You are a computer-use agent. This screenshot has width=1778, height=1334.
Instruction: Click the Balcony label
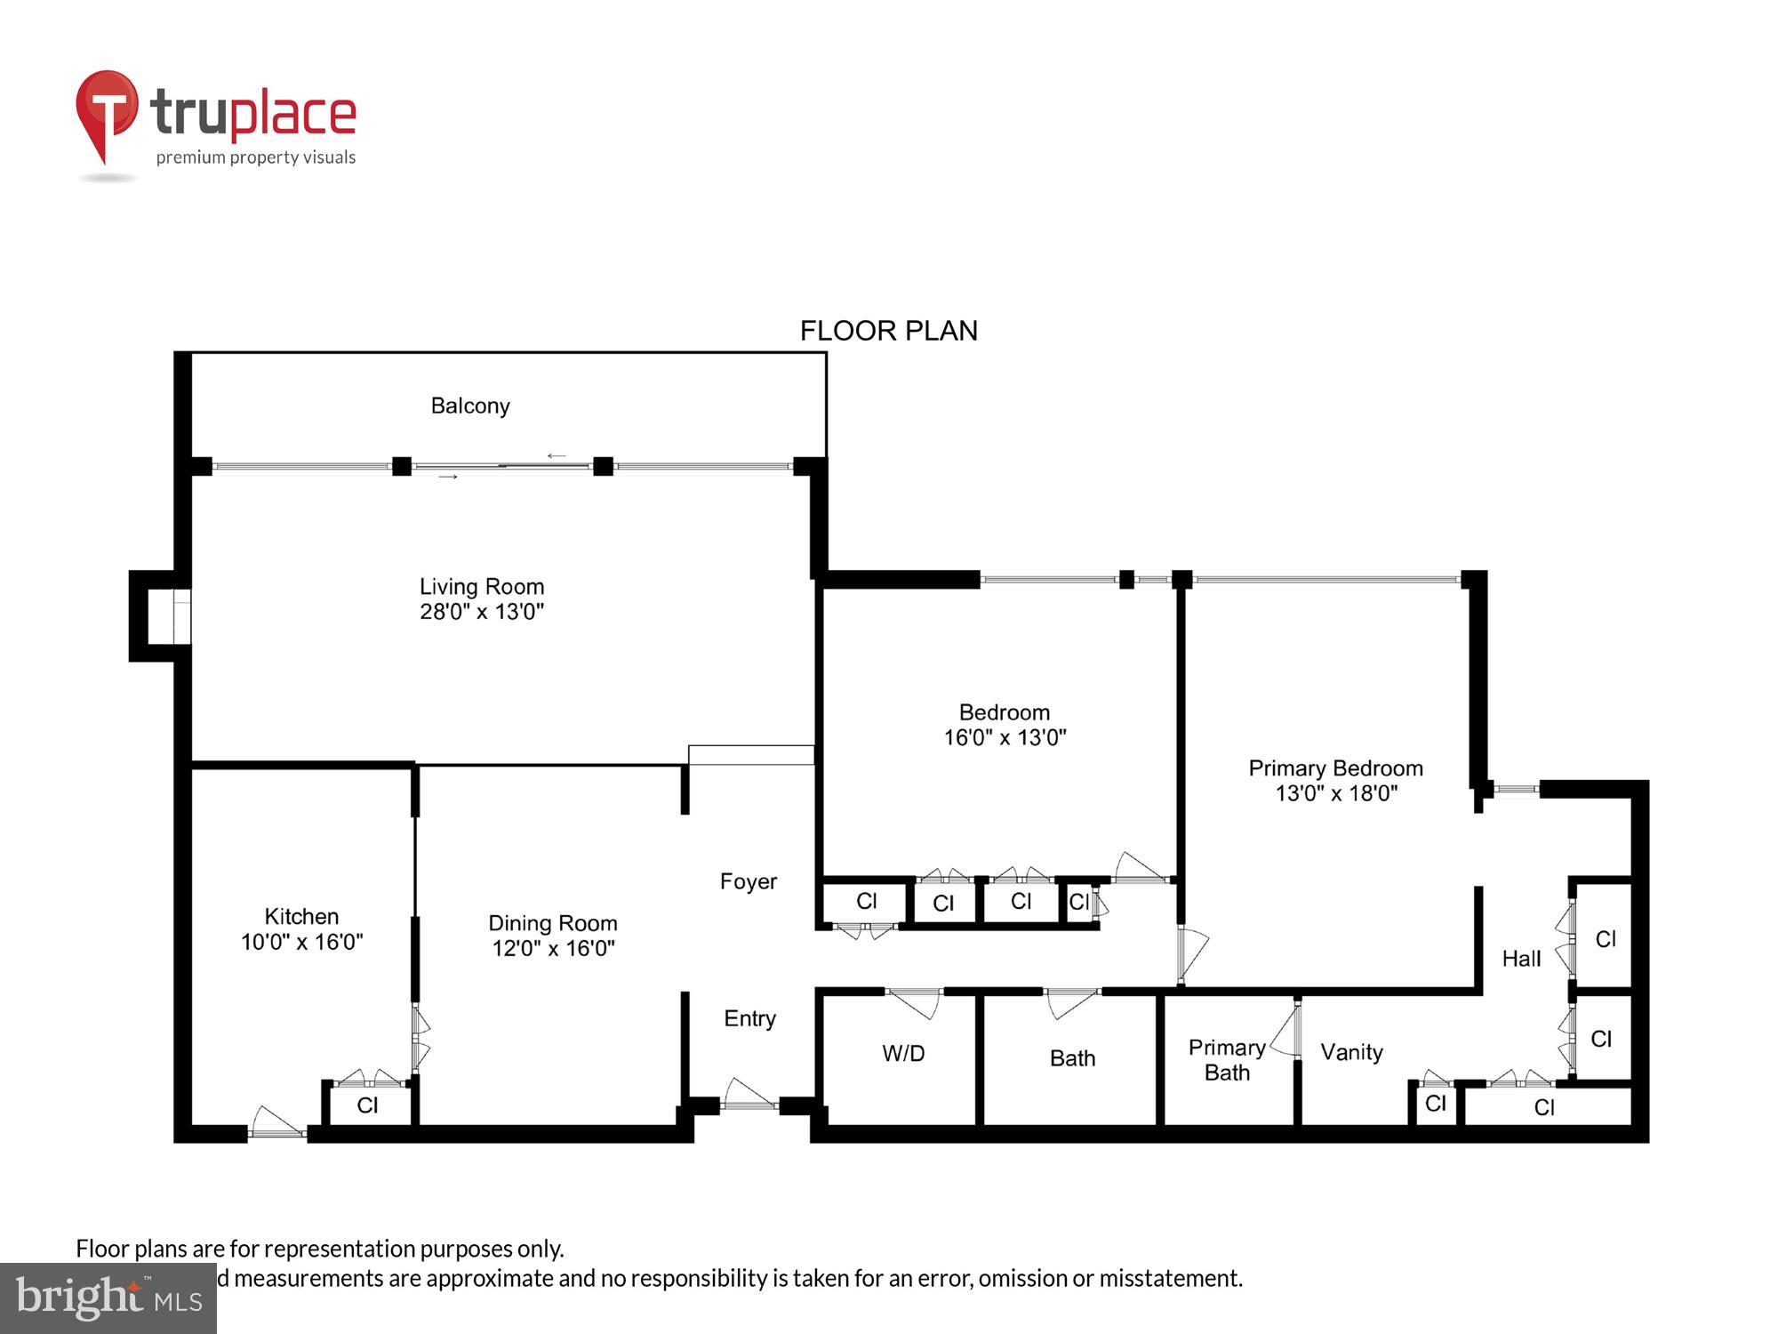470,406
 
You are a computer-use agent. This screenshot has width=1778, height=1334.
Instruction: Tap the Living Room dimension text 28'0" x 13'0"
482,612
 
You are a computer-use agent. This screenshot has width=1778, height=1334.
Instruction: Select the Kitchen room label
301,917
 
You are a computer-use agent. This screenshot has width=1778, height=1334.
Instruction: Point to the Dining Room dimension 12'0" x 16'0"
553,949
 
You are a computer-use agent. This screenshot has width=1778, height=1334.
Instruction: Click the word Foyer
749,881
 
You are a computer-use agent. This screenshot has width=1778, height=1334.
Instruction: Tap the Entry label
749,1019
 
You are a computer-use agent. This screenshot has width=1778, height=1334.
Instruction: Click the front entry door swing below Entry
749,1096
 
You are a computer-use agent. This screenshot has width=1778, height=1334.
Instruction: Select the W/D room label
903,1054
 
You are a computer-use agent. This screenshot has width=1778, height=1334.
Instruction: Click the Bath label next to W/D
1072,1058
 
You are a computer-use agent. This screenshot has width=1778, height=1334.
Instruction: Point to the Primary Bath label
1227,1060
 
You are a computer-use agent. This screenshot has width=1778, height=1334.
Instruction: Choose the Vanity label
1351,1053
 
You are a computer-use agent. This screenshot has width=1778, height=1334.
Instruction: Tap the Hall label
1521,959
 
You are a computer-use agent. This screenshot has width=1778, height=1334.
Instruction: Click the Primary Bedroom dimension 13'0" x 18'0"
1336,793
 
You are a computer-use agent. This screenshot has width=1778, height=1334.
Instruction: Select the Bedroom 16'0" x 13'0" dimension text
1005,737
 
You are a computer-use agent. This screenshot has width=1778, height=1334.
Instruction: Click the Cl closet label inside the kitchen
367,1105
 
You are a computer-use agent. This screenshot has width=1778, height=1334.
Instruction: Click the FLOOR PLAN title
888,331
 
